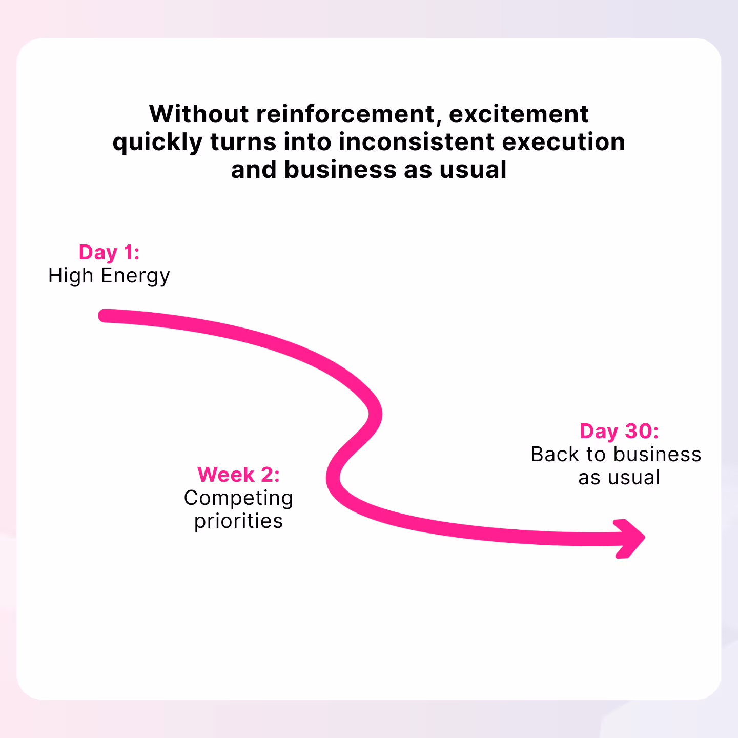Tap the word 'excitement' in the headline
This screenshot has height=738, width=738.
519,114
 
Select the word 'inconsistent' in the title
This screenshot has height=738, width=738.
417,142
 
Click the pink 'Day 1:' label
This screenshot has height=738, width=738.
109,253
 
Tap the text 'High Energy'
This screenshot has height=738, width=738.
109,276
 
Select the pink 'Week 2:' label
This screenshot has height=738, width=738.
239,475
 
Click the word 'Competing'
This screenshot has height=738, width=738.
239,498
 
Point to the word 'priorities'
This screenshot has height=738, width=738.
239,521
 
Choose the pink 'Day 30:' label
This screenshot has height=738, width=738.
619,431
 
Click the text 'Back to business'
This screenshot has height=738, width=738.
616,455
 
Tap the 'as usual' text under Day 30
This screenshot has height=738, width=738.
619,478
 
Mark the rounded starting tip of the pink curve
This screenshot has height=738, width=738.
105,316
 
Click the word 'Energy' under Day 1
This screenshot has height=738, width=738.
135,276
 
